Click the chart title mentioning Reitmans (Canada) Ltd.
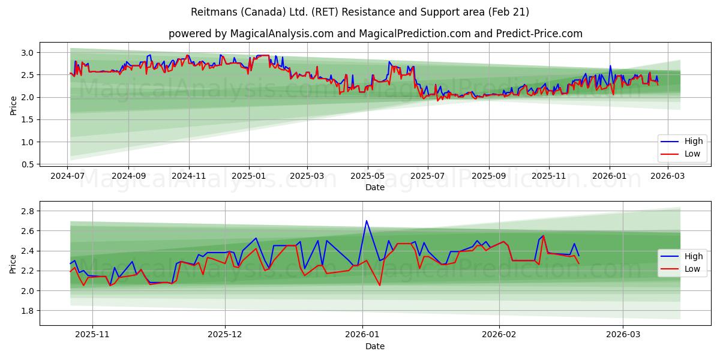359,12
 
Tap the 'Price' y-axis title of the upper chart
13,105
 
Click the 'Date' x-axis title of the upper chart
375,188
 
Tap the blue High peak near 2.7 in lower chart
366,220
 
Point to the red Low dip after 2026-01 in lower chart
380,285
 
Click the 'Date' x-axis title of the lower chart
375,346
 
